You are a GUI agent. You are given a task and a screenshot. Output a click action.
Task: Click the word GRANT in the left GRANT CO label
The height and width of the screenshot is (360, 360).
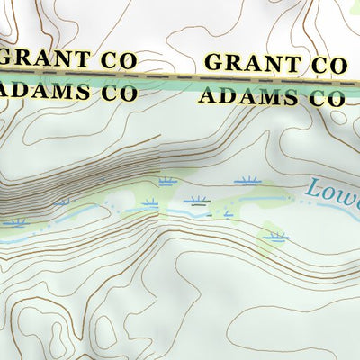click(x=45, y=59)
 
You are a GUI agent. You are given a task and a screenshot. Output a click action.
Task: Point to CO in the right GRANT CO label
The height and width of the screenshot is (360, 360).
click(x=328, y=66)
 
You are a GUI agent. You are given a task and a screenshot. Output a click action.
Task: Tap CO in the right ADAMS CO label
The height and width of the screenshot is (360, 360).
click(x=326, y=98)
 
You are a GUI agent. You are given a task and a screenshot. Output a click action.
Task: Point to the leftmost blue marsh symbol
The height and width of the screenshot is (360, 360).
click(x=15, y=222)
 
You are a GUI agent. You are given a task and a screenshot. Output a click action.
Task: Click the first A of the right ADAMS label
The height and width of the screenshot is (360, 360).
click(x=208, y=94)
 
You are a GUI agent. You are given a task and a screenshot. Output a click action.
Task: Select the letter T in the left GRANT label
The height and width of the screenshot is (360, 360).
click(x=82, y=60)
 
